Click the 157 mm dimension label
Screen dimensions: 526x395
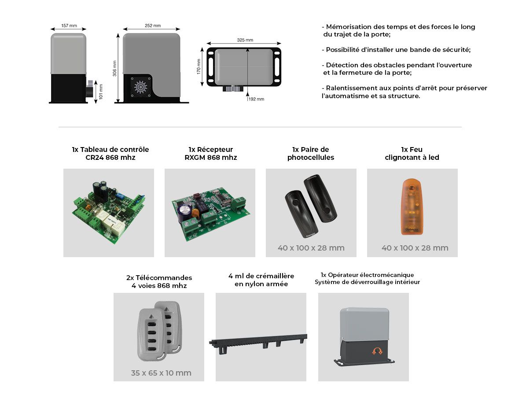pyautogui.click(x=69, y=26)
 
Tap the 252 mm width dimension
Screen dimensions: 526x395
pyautogui.click(x=153, y=26)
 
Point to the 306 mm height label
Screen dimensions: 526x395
pyautogui.click(x=115, y=68)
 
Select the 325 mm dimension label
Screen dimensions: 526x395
pyautogui.click(x=245, y=40)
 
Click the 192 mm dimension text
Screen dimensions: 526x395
pyautogui.click(x=256, y=99)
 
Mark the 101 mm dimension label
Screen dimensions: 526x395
pyautogui.click(x=101, y=92)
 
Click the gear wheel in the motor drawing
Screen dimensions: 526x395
pyautogui.click(x=140, y=87)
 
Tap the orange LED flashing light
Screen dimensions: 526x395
pyautogui.click(x=412, y=207)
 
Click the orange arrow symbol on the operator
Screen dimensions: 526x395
pyautogui.click(x=377, y=351)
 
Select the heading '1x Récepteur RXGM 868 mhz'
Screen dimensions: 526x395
pyautogui.click(x=211, y=153)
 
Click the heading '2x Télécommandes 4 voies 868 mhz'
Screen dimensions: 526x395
pyautogui.click(x=159, y=281)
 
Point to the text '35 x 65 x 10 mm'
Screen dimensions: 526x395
pyautogui.click(x=161, y=373)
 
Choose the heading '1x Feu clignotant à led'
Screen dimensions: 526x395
pyautogui.click(x=412, y=153)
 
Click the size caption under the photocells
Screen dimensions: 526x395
pyautogui.click(x=311, y=247)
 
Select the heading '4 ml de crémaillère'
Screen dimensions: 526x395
pyautogui.click(x=261, y=276)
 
